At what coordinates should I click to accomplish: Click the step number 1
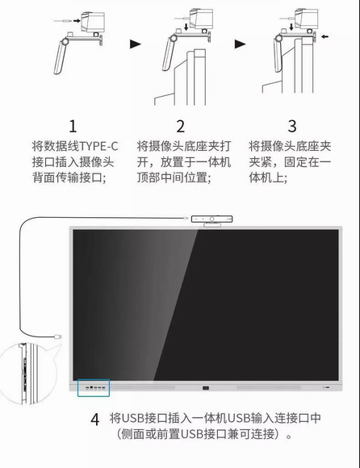73,126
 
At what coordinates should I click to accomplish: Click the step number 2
180,126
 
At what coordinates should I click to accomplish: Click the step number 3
291,126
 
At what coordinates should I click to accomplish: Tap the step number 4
95,420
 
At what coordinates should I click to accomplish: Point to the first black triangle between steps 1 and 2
136,43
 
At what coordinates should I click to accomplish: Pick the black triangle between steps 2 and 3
240,43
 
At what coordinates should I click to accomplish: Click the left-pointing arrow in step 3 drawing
325,36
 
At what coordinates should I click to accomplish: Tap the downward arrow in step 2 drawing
188,27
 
